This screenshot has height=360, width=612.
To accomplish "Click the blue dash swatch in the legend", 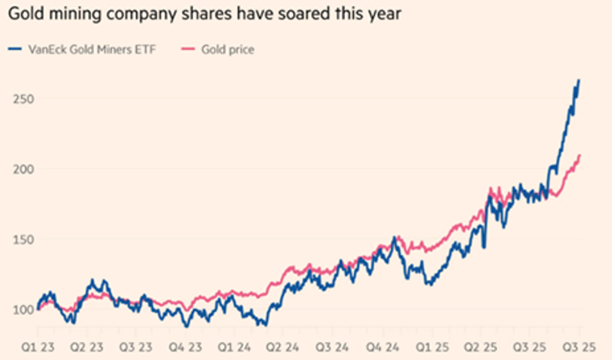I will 15,50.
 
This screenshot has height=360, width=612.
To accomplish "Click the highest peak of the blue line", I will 579,80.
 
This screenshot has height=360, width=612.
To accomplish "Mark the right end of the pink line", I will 580,155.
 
